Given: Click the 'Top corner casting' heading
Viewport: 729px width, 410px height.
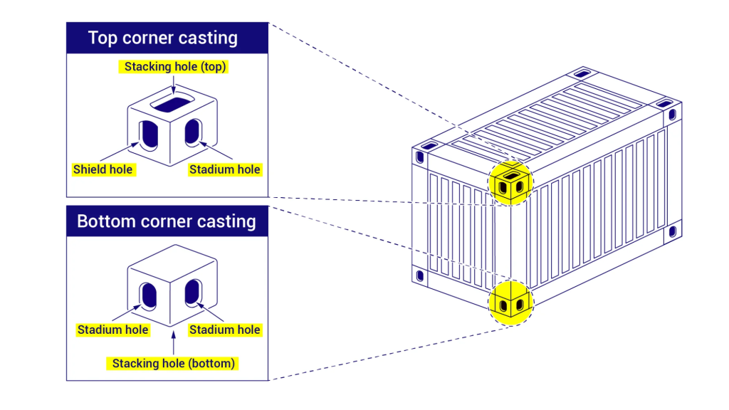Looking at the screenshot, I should pos(162,38).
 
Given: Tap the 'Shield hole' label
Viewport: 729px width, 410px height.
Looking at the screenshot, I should pos(103,169).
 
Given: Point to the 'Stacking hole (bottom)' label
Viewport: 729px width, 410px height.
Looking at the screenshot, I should pos(173,364).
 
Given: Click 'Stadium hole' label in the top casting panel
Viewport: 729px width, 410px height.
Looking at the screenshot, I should pos(224,169).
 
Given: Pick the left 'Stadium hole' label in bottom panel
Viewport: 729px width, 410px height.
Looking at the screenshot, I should pos(112,330).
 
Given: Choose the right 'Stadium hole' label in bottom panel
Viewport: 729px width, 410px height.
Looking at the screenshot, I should pos(224,330).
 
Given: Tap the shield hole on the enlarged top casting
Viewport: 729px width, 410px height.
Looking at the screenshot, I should pos(149,134).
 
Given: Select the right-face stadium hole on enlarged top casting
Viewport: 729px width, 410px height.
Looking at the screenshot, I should pos(193,133).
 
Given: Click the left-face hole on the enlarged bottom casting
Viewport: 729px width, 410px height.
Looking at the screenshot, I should pos(149,295).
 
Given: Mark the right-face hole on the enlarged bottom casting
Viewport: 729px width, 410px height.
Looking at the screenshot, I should pos(193,294).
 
